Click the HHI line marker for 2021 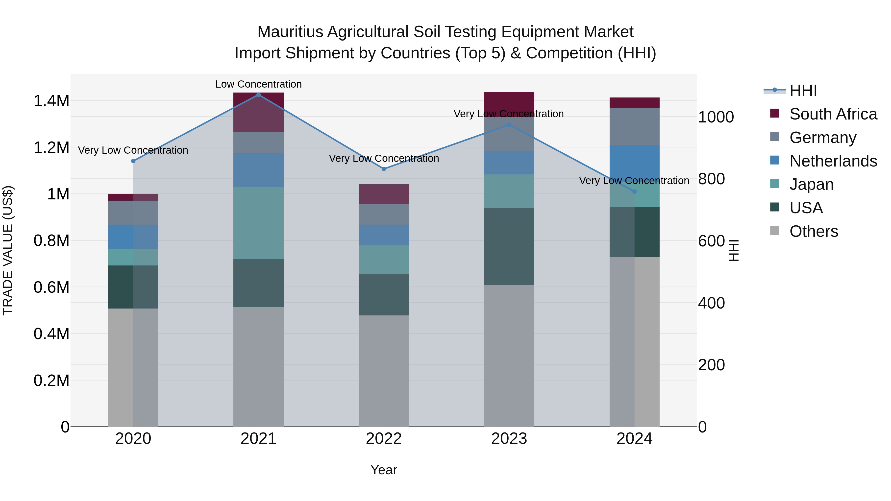(x=258, y=95)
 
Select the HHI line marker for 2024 (x=634, y=191)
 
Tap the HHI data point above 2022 (x=384, y=169)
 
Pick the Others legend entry (x=814, y=231)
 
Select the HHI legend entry (x=803, y=91)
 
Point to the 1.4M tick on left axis (x=51, y=101)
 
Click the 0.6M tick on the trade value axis (x=51, y=287)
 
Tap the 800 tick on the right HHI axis (x=711, y=179)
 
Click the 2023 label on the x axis (x=509, y=439)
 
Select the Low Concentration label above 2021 (x=258, y=84)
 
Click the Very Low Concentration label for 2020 (x=133, y=150)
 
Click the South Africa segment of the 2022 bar (x=384, y=194)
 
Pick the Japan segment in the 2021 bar (x=258, y=223)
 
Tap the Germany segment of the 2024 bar (x=634, y=126)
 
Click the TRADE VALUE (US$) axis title (x=8, y=250)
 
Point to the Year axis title (x=384, y=470)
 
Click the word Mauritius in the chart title (x=290, y=32)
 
